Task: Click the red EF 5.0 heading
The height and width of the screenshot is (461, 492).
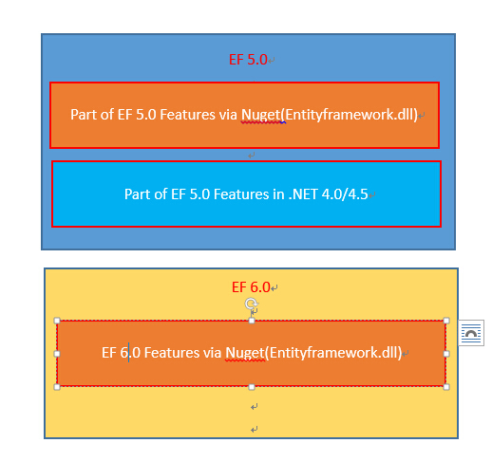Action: [x=248, y=60]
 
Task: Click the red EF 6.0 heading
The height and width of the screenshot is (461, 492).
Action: [x=251, y=287]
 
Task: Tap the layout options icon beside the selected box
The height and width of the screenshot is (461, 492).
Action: [x=471, y=333]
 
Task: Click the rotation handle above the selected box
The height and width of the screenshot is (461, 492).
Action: [x=251, y=304]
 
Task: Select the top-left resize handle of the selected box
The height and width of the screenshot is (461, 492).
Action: [x=57, y=321]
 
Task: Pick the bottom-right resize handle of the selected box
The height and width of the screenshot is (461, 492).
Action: [x=446, y=387]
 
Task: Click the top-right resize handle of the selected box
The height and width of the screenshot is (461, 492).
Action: [x=446, y=321]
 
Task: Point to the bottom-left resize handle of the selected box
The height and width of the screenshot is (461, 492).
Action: [x=57, y=387]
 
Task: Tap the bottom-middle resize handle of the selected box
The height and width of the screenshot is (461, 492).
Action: [x=252, y=387]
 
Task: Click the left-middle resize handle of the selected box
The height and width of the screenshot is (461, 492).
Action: [x=57, y=354]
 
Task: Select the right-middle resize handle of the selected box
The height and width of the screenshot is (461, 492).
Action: [x=446, y=354]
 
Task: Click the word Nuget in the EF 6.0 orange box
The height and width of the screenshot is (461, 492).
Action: [x=245, y=353]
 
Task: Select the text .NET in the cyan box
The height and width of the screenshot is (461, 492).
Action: [x=303, y=194]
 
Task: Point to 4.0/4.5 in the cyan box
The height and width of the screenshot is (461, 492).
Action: [x=345, y=194]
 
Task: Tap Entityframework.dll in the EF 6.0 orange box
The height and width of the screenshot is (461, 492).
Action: [x=333, y=353]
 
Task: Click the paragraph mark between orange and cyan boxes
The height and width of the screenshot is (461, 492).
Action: [x=252, y=156]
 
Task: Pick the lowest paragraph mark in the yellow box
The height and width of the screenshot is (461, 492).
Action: [x=254, y=430]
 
